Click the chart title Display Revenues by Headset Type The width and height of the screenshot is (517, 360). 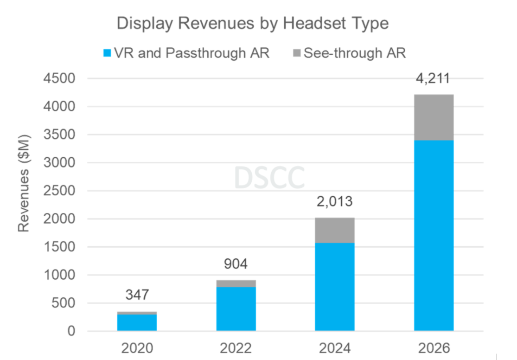252,23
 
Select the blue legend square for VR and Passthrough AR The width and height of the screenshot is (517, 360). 107,53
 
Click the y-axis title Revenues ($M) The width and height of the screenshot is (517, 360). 24,183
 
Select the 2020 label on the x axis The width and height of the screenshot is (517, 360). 137,348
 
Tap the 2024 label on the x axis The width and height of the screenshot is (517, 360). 334,348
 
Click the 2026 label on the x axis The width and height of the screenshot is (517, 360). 433,348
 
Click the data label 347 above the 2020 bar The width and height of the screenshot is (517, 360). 137,295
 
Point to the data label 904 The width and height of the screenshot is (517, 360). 236,264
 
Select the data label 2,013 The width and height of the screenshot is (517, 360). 334,202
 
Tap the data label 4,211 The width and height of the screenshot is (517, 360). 433,78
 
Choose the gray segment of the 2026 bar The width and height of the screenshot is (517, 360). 434,117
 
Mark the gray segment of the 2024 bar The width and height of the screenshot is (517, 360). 334,230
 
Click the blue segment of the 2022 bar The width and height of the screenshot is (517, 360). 236,309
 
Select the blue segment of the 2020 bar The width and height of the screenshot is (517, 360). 137,322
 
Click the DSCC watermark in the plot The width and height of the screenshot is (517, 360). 269,177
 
